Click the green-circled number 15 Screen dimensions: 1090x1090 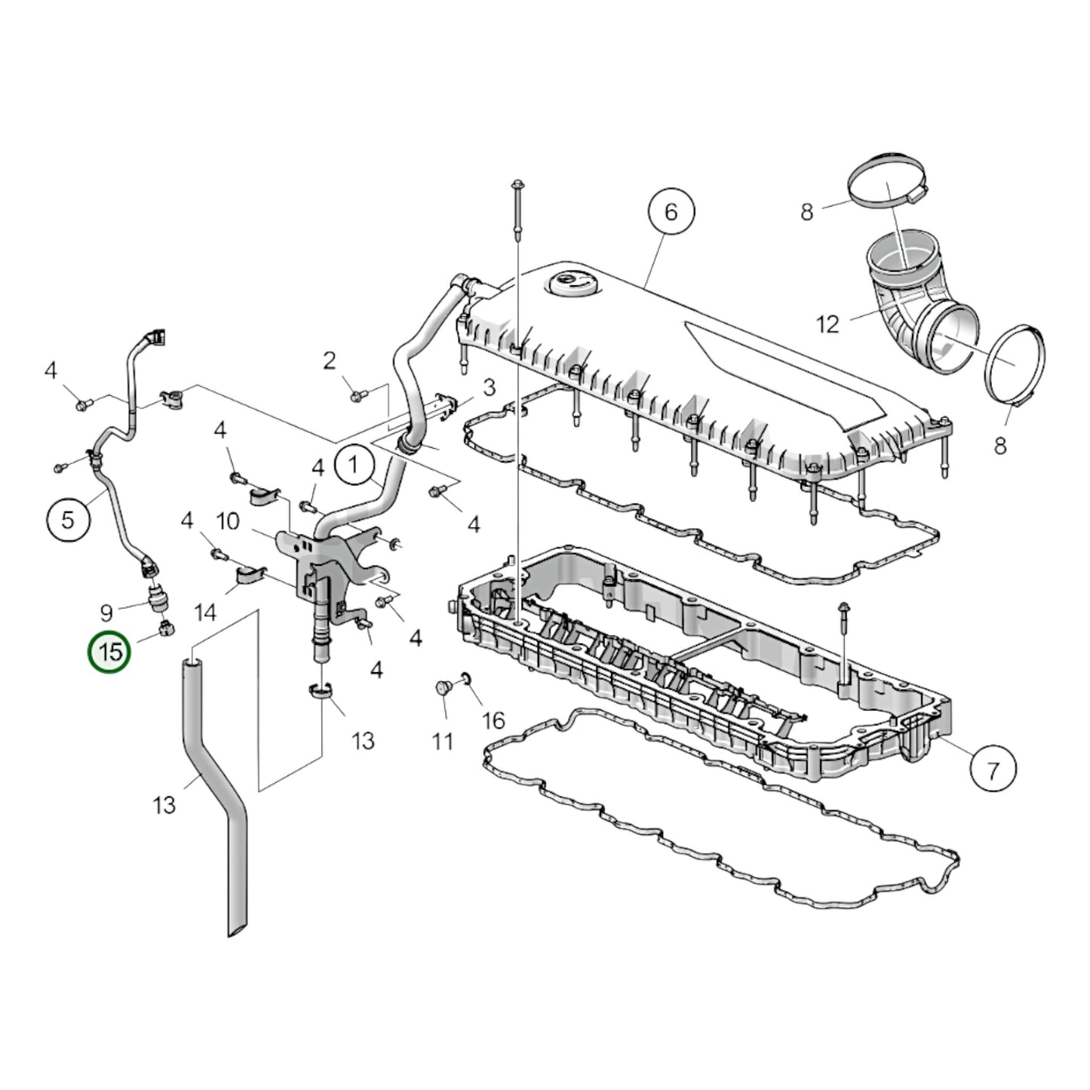(110, 652)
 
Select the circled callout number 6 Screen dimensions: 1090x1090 (671, 212)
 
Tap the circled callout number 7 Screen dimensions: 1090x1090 (993, 770)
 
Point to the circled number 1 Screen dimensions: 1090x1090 (355, 465)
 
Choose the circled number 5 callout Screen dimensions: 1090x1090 (68, 520)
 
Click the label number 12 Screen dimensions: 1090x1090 (827, 324)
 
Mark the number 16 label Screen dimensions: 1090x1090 (493, 720)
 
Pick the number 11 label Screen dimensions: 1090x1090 (443, 742)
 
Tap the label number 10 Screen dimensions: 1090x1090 (228, 520)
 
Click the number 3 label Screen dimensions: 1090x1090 (489, 388)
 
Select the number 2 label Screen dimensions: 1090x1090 (329, 361)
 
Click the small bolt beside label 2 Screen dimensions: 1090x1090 (356, 393)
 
